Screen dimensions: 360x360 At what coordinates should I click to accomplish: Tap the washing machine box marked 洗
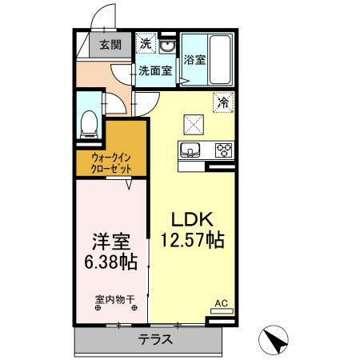pyautogui.click(x=146, y=42)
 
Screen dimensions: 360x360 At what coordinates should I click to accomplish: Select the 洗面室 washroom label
pyautogui.click(x=154, y=70)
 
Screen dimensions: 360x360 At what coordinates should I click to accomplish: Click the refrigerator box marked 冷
pyautogui.click(x=224, y=102)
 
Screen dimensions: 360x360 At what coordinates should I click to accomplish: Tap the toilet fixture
pyautogui.click(x=90, y=122)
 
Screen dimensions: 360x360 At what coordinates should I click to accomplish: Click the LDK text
pyautogui.click(x=190, y=218)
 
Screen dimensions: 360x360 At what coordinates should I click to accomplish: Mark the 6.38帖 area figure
pyautogui.click(x=109, y=262)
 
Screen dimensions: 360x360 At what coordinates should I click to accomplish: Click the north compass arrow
pyautogui.click(x=278, y=340)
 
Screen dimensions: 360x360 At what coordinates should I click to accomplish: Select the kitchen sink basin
pyautogui.click(x=192, y=150)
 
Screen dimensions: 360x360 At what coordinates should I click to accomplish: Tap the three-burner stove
pyautogui.click(x=222, y=150)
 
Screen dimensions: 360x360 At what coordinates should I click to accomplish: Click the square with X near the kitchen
pyautogui.click(x=195, y=123)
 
